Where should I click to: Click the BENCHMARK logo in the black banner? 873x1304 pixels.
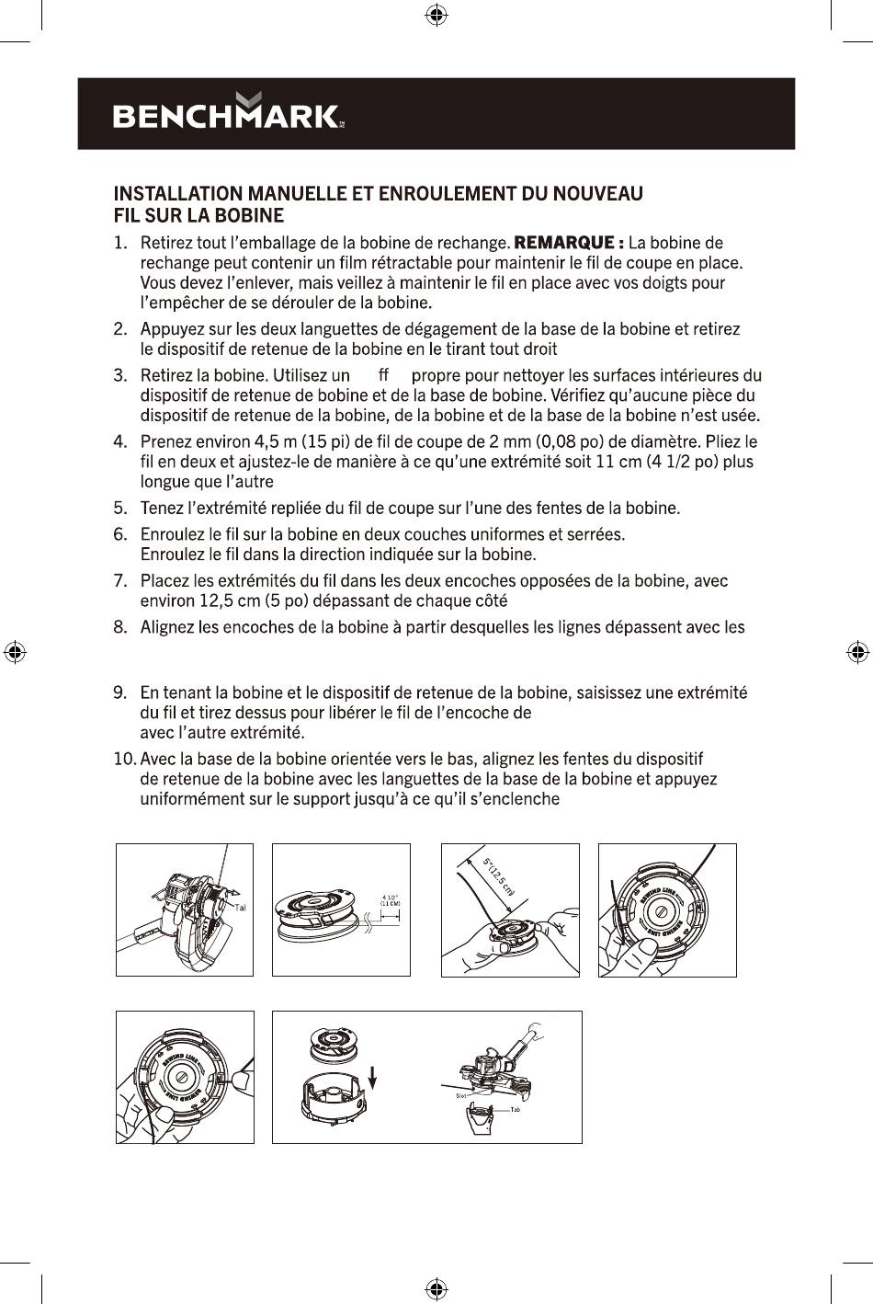coord(228,114)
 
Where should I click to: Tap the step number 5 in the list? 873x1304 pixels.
coord(119,508)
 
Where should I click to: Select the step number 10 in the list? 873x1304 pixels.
coord(123,759)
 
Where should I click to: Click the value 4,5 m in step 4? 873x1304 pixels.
coord(277,440)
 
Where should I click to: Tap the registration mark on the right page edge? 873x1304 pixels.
coord(856,652)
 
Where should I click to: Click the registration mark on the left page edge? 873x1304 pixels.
coord(15,652)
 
